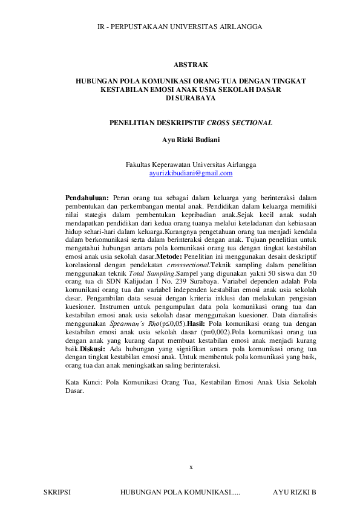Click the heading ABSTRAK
pyautogui.click(x=191, y=64)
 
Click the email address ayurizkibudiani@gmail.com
pyautogui.click(x=191, y=173)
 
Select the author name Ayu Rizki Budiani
pyautogui.click(x=191, y=140)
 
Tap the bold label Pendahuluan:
pyautogui.click(x=87, y=197)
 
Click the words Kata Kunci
pyautogui.click(x=80, y=382)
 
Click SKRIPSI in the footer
pyautogui.click(x=57, y=493)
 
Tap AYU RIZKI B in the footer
pyautogui.click(x=295, y=493)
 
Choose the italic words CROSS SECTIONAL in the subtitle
pyautogui.click(x=240, y=123)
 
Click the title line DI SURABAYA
pyautogui.click(x=191, y=97)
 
